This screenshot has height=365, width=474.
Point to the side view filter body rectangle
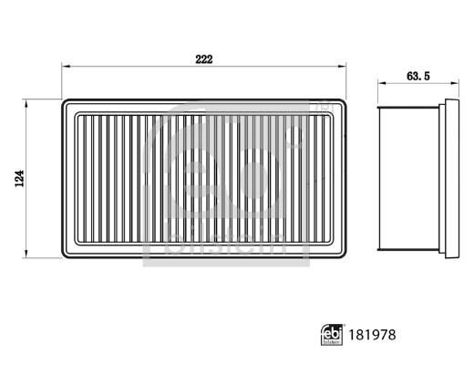[x=408, y=177]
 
